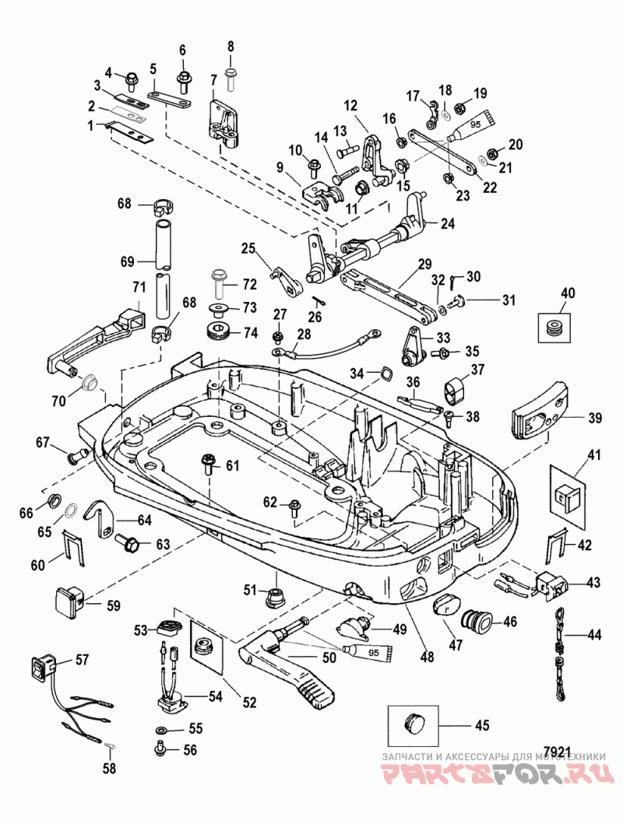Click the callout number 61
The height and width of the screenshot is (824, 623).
(232, 465)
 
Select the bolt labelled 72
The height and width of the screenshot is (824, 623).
(218, 282)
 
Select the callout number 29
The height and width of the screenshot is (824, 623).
(424, 264)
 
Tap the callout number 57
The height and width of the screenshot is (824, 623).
(82, 659)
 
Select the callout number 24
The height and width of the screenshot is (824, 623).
(448, 224)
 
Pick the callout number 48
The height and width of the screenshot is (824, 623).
(428, 657)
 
